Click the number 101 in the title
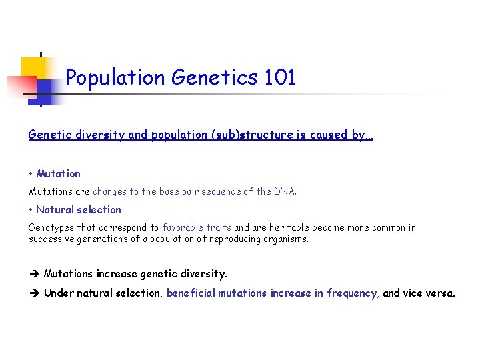coord(279,78)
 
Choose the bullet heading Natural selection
coord(79,210)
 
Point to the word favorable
coord(182,228)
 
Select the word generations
coord(101,239)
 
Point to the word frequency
coord(352,293)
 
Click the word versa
coord(440,293)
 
